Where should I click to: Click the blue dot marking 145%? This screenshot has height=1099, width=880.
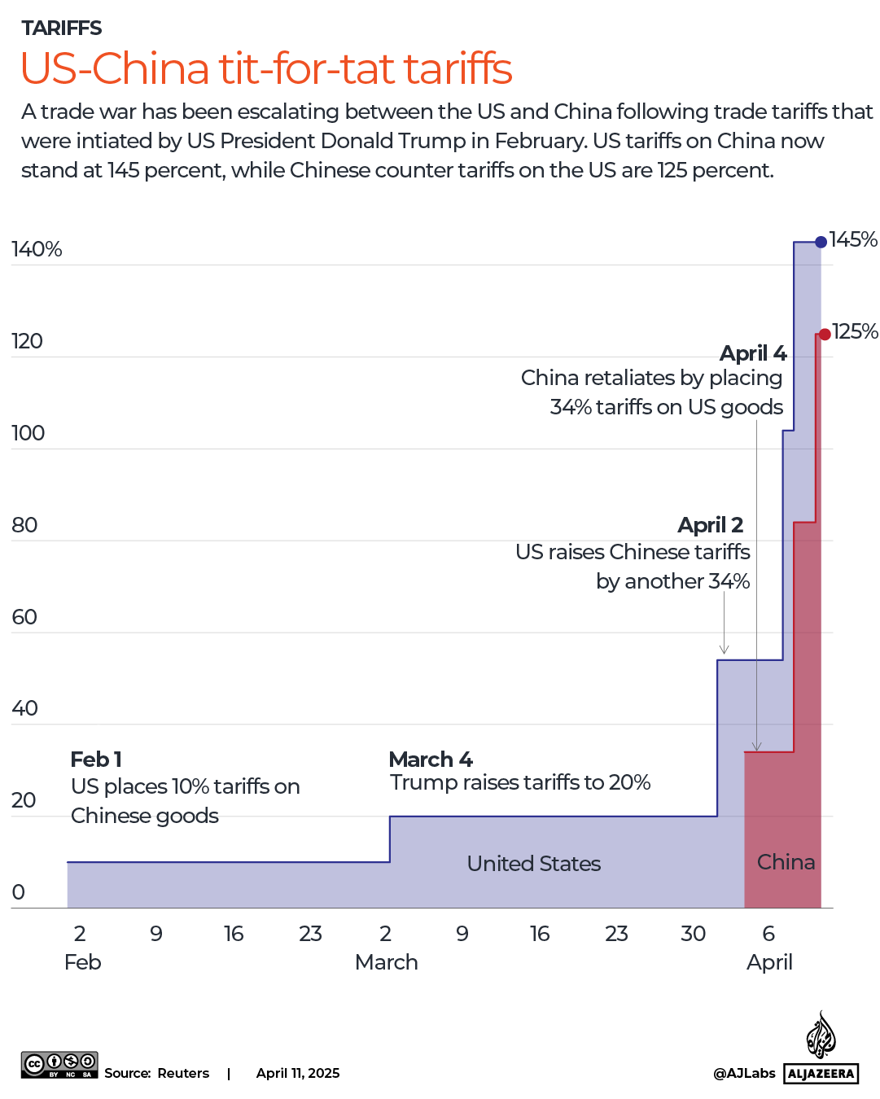pyautogui.click(x=821, y=242)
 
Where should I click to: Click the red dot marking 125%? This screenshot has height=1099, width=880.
pyautogui.click(x=825, y=334)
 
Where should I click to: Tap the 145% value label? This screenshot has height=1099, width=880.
pyautogui.click(x=853, y=239)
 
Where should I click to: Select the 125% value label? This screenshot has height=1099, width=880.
pyautogui.click(x=855, y=331)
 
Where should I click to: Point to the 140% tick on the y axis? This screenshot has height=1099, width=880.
pyautogui.click(x=37, y=249)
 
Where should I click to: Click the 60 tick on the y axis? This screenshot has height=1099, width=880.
pyautogui.click(x=24, y=617)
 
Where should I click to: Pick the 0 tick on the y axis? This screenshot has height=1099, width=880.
pyautogui.click(x=19, y=892)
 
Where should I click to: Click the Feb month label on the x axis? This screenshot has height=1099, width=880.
pyautogui.click(x=82, y=962)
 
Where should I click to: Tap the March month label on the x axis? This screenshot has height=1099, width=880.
pyautogui.click(x=386, y=962)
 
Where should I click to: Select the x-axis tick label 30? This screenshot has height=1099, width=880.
pyautogui.click(x=693, y=934)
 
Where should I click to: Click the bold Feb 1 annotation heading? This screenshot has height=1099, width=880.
pyautogui.click(x=96, y=760)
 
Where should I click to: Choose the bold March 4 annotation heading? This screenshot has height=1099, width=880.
pyautogui.click(x=431, y=760)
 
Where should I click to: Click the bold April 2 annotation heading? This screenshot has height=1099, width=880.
pyautogui.click(x=710, y=525)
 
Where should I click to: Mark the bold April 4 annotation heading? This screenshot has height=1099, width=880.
pyautogui.click(x=753, y=353)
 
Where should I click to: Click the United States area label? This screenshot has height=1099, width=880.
pyautogui.click(x=533, y=864)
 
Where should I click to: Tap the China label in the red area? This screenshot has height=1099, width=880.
pyautogui.click(x=786, y=862)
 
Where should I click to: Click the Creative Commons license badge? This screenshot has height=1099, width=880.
pyautogui.click(x=59, y=1065)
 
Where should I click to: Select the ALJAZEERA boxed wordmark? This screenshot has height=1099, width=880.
pyautogui.click(x=821, y=1074)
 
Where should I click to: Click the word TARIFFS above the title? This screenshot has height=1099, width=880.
pyautogui.click(x=62, y=28)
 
